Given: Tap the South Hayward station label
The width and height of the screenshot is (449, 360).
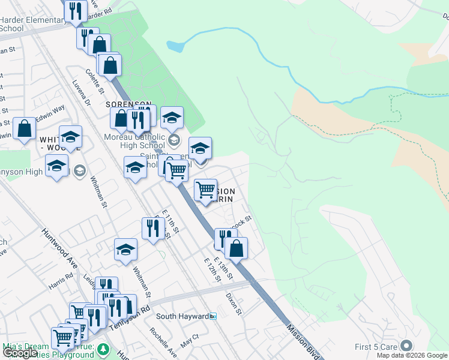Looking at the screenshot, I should [x=182, y=316].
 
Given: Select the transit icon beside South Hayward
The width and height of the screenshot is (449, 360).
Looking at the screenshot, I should [x=212, y=316].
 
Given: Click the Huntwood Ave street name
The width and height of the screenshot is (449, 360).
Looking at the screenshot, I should [x=61, y=247].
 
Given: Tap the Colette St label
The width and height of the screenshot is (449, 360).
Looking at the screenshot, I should [x=95, y=82].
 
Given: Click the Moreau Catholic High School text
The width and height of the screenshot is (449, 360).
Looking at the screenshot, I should [x=126, y=141].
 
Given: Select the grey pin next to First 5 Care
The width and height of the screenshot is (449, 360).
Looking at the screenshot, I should [x=406, y=346].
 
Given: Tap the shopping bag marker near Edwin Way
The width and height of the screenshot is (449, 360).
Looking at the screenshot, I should [x=24, y=128].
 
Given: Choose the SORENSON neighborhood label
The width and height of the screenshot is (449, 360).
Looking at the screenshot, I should [x=129, y=104].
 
